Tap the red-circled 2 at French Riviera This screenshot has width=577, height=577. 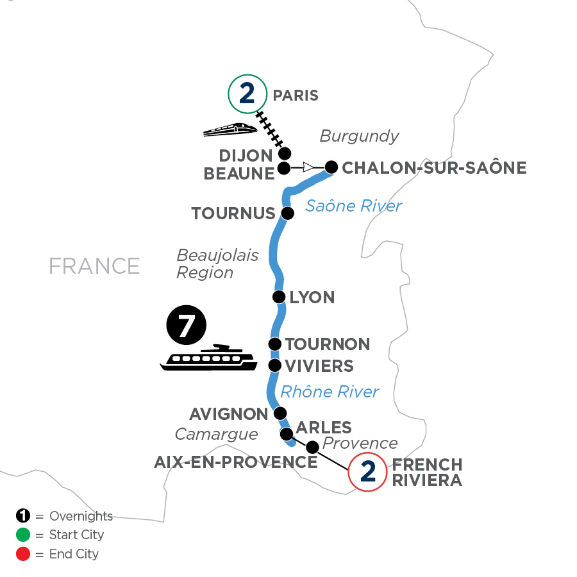[x=367, y=472]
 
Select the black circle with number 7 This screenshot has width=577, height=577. [x=187, y=326]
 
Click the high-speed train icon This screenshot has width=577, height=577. [x=230, y=129]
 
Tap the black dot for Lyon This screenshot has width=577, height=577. [x=279, y=297]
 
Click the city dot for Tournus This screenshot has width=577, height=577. [x=288, y=213]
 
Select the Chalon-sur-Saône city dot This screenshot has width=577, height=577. [x=331, y=167]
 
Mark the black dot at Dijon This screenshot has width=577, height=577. [x=285, y=153]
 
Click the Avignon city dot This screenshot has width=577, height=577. [x=280, y=413]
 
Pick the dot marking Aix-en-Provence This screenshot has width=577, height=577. [x=312, y=446]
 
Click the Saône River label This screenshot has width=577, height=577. [x=353, y=206]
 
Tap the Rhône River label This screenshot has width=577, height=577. [x=330, y=391]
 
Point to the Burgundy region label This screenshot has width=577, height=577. [x=359, y=136]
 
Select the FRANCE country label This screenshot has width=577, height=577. [x=94, y=265]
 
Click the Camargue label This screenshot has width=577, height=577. [x=216, y=435]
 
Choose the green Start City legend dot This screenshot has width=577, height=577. [x=22, y=535]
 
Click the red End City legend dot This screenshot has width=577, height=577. [x=22, y=553]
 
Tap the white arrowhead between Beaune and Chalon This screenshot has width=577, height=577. [x=309, y=168]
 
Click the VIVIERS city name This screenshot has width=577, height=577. [x=319, y=366]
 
